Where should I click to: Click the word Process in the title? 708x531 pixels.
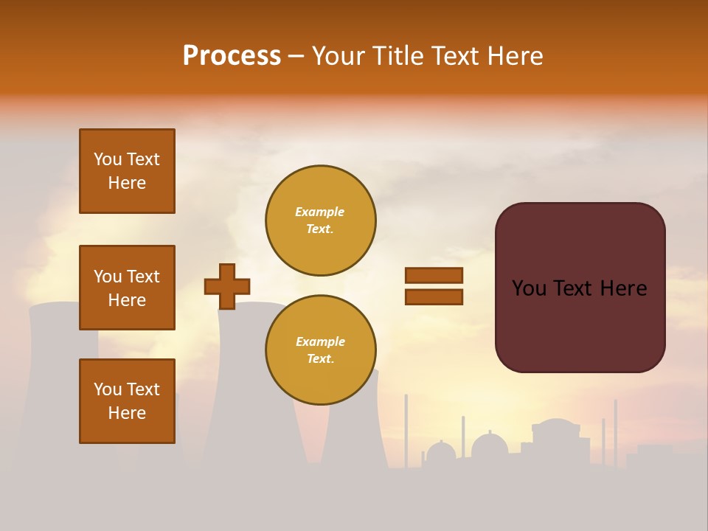[x=232, y=56]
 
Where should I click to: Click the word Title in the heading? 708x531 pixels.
[x=400, y=56]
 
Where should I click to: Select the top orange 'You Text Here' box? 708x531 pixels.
[x=127, y=171]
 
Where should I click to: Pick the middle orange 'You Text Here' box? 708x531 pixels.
[x=127, y=288]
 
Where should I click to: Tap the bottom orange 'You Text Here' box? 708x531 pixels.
[x=127, y=401]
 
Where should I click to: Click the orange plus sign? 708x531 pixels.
[x=227, y=286]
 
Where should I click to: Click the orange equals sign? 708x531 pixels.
[x=434, y=286]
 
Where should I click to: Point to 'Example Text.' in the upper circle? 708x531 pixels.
[x=320, y=221]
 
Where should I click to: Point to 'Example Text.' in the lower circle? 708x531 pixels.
[x=320, y=350]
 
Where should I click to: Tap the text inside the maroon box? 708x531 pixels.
[x=580, y=288]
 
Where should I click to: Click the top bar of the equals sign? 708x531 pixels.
[x=434, y=275]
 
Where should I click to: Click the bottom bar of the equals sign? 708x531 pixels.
[x=434, y=297]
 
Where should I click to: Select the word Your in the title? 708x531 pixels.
[x=340, y=56]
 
